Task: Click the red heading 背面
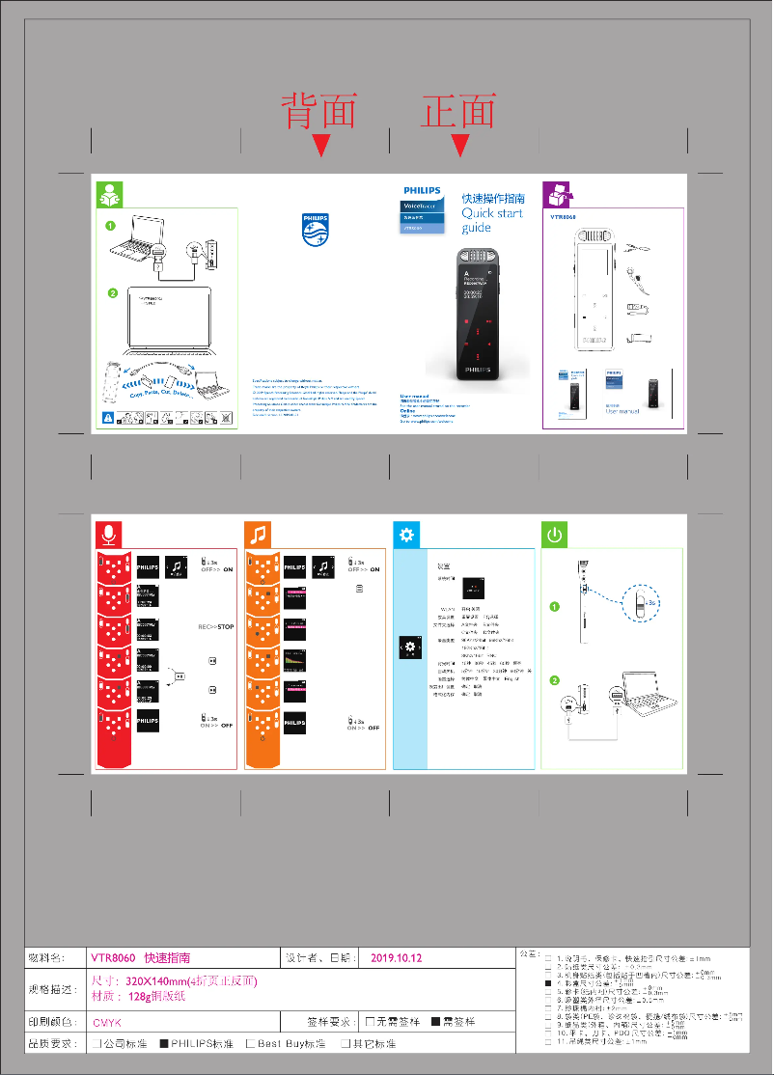tap(318, 111)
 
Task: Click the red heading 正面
tap(458, 111)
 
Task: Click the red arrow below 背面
tap(321, 146)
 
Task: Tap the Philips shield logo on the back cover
tap(316, 231)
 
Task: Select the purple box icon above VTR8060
tap(558, 194)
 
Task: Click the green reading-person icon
tap(109, 194)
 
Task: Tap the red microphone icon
tap(109, 535)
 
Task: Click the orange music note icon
tap(258, 535)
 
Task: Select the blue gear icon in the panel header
tap(406, 535)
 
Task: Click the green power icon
tap(555, 535)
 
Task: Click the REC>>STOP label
tap(216, 627)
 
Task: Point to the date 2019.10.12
tap(397, 958)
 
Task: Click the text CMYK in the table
tap(107, 1022)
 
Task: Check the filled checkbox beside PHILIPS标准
tap(164, 1044)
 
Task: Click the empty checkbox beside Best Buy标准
tap(250, 1044)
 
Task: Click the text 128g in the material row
tap(141, 997)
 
